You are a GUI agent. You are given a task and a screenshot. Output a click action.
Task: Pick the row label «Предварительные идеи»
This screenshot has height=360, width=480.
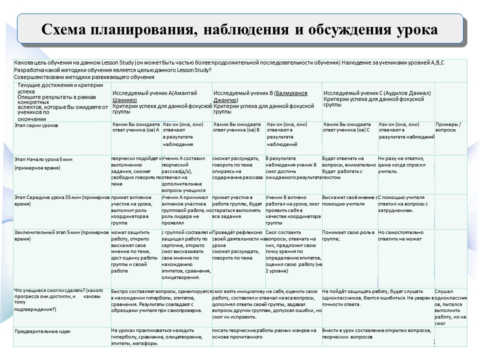[x=42, y=331]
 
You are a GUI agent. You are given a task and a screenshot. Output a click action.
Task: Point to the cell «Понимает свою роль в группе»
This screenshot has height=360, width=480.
[x=347, y=235]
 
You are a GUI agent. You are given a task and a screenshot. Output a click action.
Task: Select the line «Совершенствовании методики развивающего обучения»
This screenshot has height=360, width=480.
[x=84, y=77]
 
